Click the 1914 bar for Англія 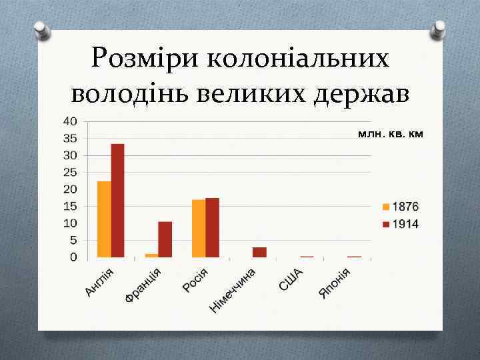[x=117, y=200]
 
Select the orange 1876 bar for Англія [x=104, y=219]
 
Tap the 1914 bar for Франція [x=165, y=239]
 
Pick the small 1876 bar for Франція [x=151, y=255]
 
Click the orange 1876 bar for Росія [x=199, y=228]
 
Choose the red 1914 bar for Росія [x=212, y=227]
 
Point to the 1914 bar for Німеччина [x=259, y=252]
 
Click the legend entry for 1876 [x=400, y=206]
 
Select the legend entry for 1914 [x=400, y=224]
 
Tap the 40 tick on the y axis [x=70, y=121]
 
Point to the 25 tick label [x=70, y=172]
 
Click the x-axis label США [x=291, y=279]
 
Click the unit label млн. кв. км [x=390, y=134]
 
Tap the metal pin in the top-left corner [x=41, y=30]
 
